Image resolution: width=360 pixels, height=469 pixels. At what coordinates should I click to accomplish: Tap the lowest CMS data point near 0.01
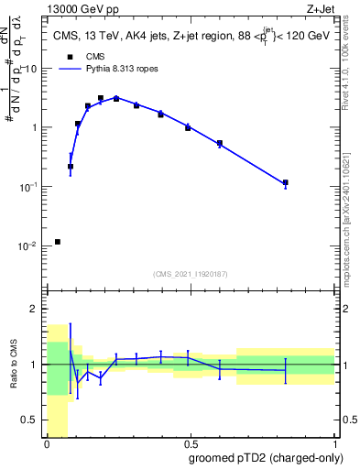[x=58, y=242]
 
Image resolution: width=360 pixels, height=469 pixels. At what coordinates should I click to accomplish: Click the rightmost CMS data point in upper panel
[x=286, y=182]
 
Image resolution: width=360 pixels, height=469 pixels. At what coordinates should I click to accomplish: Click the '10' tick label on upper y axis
[x=33, y=69]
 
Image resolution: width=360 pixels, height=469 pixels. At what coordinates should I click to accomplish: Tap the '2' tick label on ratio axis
[x=36, y=309]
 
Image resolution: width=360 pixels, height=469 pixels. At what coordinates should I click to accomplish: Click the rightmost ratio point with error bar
[x=286, y=370]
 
